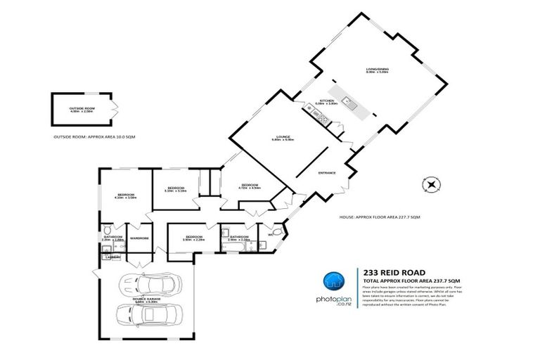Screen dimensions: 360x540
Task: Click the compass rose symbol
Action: pos(431,186)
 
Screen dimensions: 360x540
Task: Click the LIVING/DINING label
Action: pos(377,69)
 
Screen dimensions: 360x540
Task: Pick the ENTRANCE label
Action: pos(327,173)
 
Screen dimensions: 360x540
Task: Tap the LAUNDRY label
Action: pos(110,257)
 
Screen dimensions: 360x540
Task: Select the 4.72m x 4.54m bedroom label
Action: pos(249,187)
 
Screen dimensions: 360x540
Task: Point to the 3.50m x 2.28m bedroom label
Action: pos(192,238)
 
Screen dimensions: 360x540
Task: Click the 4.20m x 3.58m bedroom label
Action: pos(125,195)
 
